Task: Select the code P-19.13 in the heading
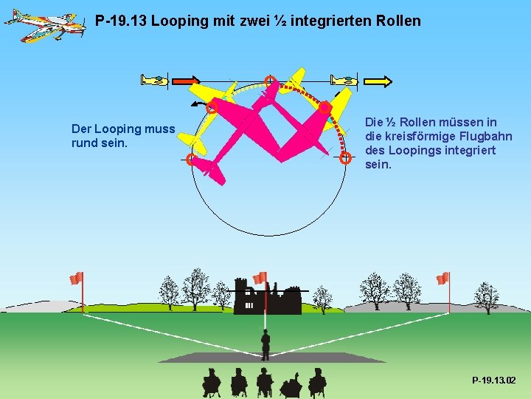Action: pos(121,21)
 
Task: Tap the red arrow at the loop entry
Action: pos(186,81)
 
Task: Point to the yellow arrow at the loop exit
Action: pos(378,81)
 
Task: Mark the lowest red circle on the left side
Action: pos(191,159)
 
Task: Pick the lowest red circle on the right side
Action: pos(345,157)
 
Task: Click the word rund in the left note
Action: pos(85,143)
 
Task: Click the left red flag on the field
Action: pos(76,279)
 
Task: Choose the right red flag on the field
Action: pos(442,279)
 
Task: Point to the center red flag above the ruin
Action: pos(260,278)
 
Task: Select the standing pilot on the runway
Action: pos(265,344)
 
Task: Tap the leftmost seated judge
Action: pos(212,382)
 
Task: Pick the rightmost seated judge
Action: pos(317,382)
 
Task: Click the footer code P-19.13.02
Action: pos(494,380)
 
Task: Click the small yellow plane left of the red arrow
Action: pos(156,81)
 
